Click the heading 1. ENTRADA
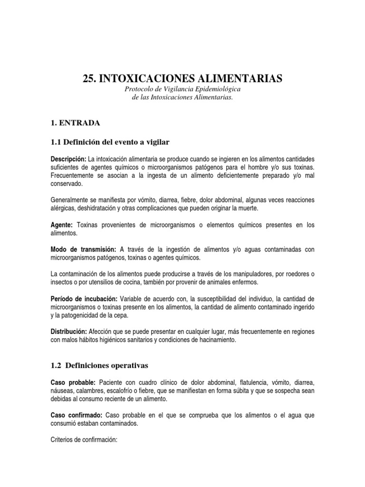pos(75,123)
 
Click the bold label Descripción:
pos(68,158)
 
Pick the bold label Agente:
pos(62,225)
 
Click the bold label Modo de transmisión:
pos(83,250)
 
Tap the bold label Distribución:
pos(68,332)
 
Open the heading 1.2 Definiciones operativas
pos(100,365)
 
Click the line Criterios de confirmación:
pos(84,440)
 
